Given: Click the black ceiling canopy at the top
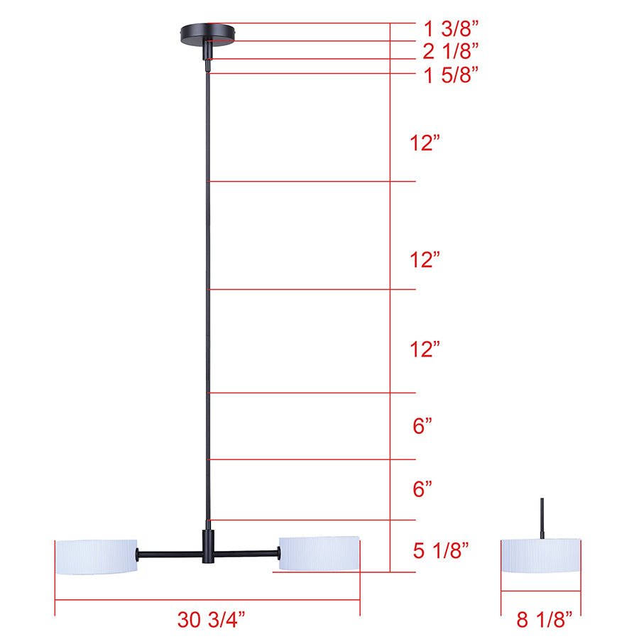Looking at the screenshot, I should [x=207, y=33].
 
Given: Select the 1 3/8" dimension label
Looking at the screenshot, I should [x=450, y=30].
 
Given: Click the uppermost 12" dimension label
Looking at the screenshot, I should [x=425, y=143].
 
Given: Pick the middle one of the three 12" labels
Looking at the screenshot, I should [x=425, y=260].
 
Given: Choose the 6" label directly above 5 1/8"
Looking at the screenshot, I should [x=422, y=489].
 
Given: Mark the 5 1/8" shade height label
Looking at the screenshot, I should [x=441, y=550].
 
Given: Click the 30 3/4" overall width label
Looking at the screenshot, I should [x=211, y=619].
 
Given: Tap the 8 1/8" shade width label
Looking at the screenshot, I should [x=544, y=619].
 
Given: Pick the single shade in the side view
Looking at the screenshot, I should [x=541, y=555].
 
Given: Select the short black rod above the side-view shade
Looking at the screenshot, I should [x=542, y=517].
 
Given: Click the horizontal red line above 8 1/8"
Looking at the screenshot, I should [x=541, y=591].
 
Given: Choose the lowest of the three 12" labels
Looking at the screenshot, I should [x=425, y=349].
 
